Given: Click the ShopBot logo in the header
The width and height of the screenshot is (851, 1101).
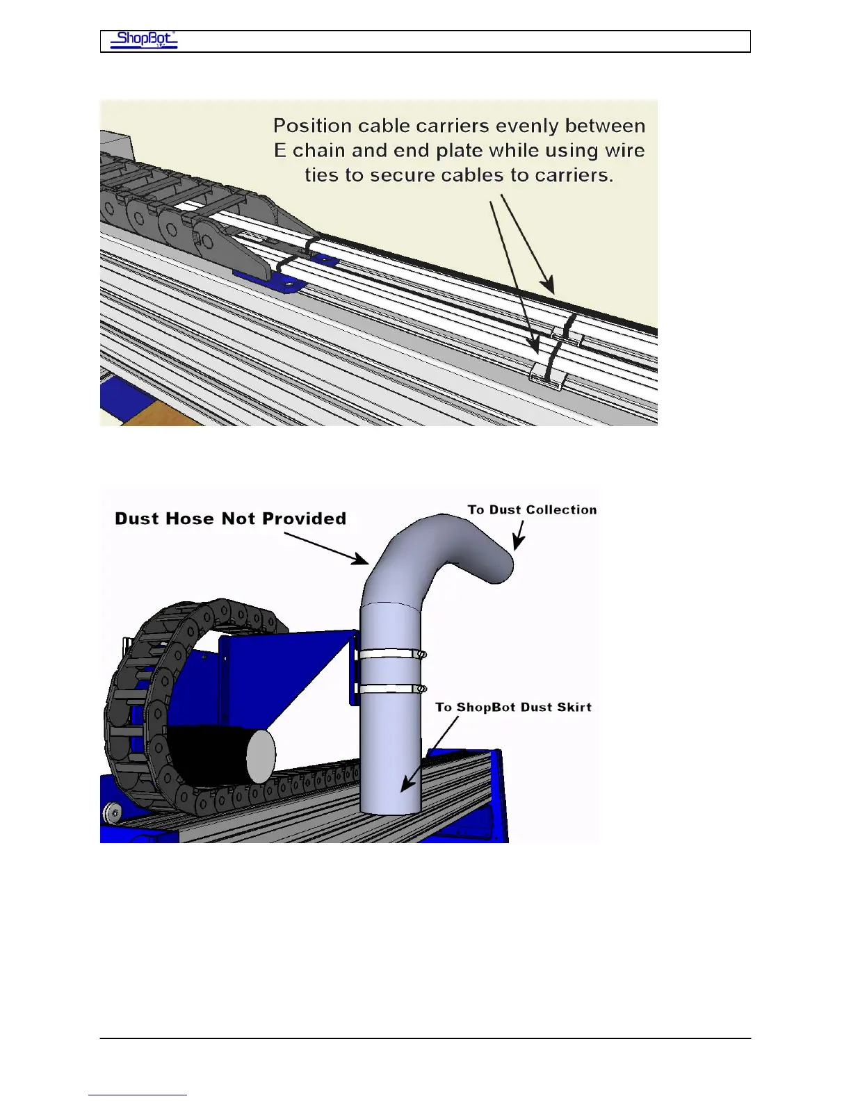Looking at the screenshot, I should pos(144,40).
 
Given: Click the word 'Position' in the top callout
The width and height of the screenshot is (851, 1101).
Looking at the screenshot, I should pos(312,126).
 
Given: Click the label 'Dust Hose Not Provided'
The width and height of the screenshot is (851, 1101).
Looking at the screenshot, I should pos(230,519).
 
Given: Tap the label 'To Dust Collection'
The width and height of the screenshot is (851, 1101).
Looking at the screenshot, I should pos(532,509).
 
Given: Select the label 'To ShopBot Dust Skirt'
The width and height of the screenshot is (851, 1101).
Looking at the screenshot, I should pos(513,707).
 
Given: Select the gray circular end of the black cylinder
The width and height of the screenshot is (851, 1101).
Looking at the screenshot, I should pos(261,756).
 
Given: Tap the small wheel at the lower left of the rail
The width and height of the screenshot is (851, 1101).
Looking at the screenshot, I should pos(110,813).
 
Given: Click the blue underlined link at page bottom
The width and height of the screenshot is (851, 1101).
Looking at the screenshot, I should pos(138,1095).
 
